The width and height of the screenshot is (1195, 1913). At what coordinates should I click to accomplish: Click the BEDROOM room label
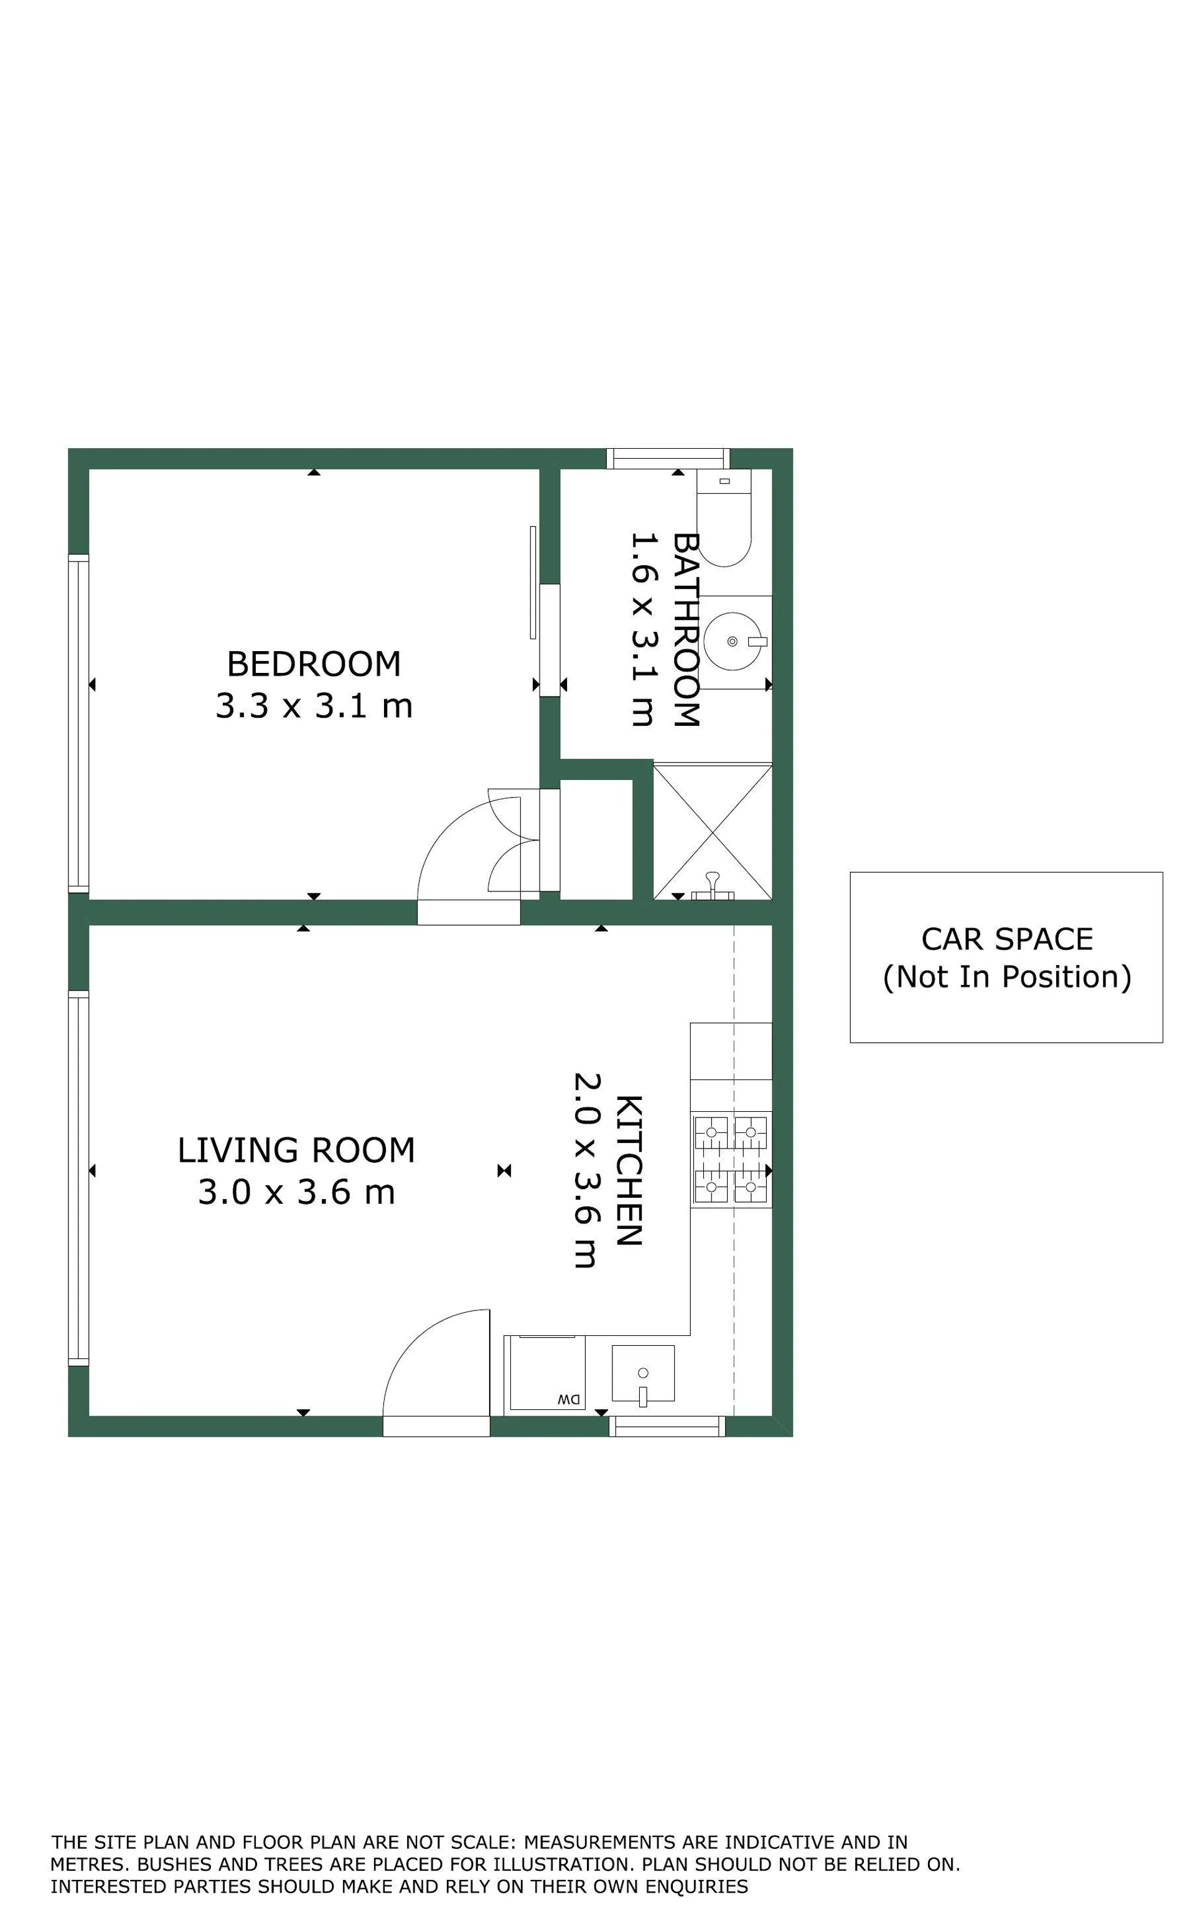coord(314,664)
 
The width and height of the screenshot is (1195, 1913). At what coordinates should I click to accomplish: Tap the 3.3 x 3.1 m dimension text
coord(314,705)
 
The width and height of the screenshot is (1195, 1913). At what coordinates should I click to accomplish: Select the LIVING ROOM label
coord(296,1150)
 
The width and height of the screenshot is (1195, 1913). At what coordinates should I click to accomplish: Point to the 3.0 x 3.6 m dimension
coord(296,1192)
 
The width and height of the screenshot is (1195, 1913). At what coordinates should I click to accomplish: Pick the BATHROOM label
coord(685,629)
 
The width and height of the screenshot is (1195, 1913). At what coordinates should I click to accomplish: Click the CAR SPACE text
coord(1007,939)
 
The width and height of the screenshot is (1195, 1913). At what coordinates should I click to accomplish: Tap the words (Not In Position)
coord(1007,977)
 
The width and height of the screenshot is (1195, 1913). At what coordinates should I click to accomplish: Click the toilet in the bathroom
coord(724,518)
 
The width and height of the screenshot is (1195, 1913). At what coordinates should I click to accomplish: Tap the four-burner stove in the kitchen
coord(731,1160)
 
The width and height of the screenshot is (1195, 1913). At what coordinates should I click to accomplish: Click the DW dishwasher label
coord(568,1399)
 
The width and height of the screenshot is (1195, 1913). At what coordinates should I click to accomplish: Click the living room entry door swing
coord(436,1373)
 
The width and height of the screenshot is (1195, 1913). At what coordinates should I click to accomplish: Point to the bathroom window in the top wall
coord(668,459)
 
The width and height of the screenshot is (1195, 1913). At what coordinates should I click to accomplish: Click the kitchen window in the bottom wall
coord(667,1426)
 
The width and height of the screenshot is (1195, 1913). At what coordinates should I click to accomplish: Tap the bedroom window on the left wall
coord(78,723)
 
